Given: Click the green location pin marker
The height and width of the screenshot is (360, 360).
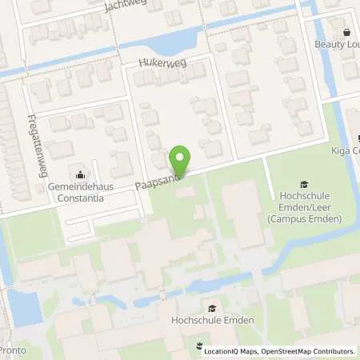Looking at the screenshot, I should click(181, 163).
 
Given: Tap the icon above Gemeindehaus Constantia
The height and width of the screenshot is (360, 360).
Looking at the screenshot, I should click(79, 174).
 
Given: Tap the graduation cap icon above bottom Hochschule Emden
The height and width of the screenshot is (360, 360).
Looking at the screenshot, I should click(212, 308).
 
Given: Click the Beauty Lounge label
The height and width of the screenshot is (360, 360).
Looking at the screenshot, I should click(336, 44).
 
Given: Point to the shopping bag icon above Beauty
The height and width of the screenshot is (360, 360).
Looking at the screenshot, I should click(346, 32).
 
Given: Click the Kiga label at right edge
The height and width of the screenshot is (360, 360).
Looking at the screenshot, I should click(346, 150).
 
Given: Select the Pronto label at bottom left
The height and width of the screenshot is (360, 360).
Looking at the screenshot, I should click(9, 350).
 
